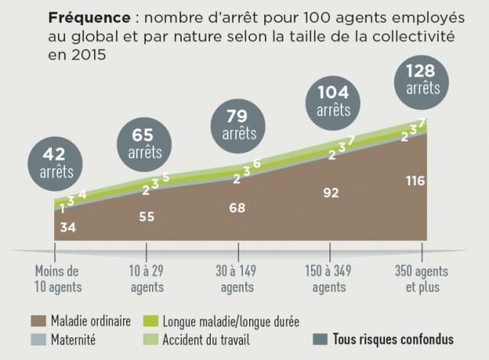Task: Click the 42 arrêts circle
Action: tap(57, 161)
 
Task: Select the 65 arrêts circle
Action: tap(144, 143)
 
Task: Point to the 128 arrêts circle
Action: tap(423, 80)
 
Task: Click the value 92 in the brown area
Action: tap(331, 193)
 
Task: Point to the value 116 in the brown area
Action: tap(416, 180)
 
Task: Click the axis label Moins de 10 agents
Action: tap(57, 279)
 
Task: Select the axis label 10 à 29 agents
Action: tap(147, 279)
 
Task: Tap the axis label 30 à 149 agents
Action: tap(238, 279)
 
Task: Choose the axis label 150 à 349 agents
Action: tap(331, 279)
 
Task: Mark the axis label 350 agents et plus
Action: tap(423, 279)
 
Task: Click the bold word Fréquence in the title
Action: tap(89, 17)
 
